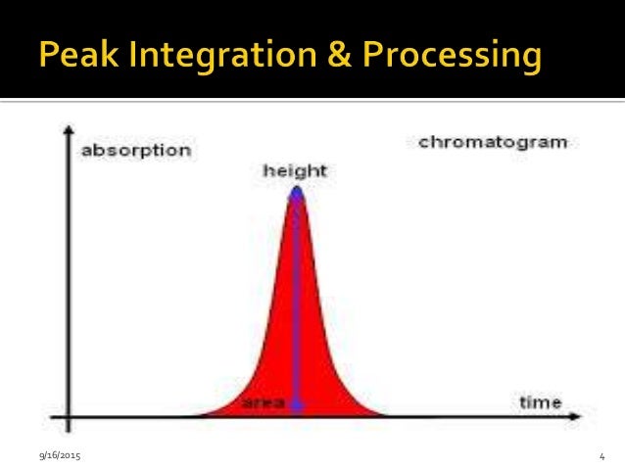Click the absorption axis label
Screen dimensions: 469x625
(x=135, y=151)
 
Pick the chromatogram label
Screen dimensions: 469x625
(x=493, y=142)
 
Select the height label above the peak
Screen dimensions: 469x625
(x=295, y=170)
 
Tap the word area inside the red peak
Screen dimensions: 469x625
(x=263, y=402)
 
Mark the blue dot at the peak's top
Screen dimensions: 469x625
(x=296, y=192)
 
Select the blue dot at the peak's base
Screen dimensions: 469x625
(x=297, y=403)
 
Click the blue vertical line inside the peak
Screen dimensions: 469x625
(x=297, y=294)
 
